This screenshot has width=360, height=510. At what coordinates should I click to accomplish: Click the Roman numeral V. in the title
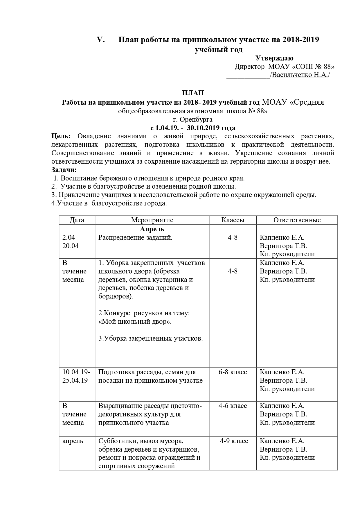101,40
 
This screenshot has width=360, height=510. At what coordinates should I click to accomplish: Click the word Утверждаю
274,58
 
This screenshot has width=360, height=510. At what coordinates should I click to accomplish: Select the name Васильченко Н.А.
300,75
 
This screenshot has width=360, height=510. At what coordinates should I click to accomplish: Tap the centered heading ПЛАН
193,93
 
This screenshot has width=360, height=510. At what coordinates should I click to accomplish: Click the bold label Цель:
61,136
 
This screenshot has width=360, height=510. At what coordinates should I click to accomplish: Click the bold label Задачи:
64,170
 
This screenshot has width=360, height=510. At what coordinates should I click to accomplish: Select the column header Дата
77,220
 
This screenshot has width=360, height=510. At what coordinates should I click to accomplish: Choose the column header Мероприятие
152,220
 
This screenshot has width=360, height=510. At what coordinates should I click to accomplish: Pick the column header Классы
233,220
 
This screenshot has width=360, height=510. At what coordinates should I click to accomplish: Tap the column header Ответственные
297,220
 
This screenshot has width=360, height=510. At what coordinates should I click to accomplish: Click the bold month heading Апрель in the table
152,229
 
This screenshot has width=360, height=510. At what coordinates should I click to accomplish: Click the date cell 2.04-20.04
71,242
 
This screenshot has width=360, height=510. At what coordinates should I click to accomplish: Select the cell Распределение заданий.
135,238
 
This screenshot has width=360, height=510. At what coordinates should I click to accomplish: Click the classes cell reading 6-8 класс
233,372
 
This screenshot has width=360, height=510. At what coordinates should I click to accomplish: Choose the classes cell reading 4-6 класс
233,406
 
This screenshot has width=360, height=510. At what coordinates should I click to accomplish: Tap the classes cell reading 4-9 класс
234,441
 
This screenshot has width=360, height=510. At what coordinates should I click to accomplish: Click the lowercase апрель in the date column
73,441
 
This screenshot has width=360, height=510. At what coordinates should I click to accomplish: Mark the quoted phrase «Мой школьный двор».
135,322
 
